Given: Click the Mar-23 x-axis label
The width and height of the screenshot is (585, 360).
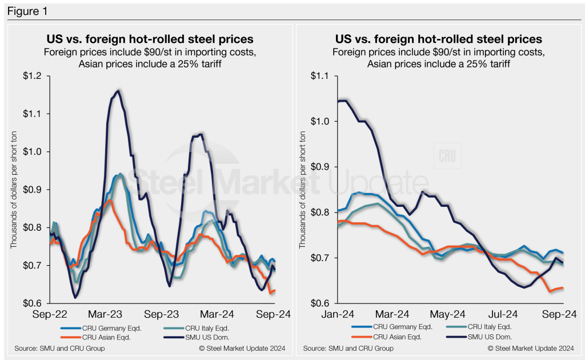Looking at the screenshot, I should [106, 314].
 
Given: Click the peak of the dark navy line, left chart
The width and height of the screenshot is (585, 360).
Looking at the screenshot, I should [118, 90].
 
